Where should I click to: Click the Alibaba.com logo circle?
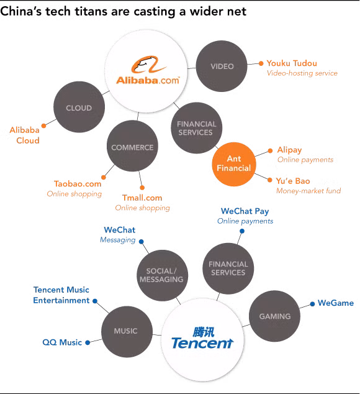(x=146, y=71)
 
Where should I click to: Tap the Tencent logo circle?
(x=202, y=339)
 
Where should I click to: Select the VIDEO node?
(x=222, y=66)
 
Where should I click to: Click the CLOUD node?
(x=79, y=107)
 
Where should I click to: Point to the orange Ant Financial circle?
(x=234, y=164)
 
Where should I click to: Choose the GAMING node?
(x=274, y=316)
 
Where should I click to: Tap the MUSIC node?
(x=127, y=332)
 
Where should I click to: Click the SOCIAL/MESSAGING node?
(x=163, y=275)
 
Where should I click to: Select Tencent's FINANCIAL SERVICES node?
(x=228, y=268)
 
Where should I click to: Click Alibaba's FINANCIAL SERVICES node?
(x=197, y=128)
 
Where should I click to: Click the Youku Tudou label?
(x=292, y=63)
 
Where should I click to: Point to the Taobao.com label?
(x=78, y=184)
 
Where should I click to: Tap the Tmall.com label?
(x=142, y=198)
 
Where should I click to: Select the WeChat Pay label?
(x=245, y=211)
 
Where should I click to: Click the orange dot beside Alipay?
(x=270, y=151)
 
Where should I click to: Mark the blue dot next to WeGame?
(x=312, y=304)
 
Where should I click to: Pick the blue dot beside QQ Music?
(x=88, y=342)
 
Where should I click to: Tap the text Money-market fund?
(x=308, y=191)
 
